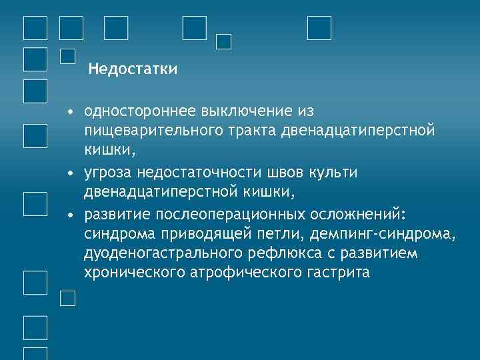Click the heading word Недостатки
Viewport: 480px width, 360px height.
[133, 69]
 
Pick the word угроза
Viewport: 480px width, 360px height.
[107, 173]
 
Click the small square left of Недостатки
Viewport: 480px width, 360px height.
[67, 56]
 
